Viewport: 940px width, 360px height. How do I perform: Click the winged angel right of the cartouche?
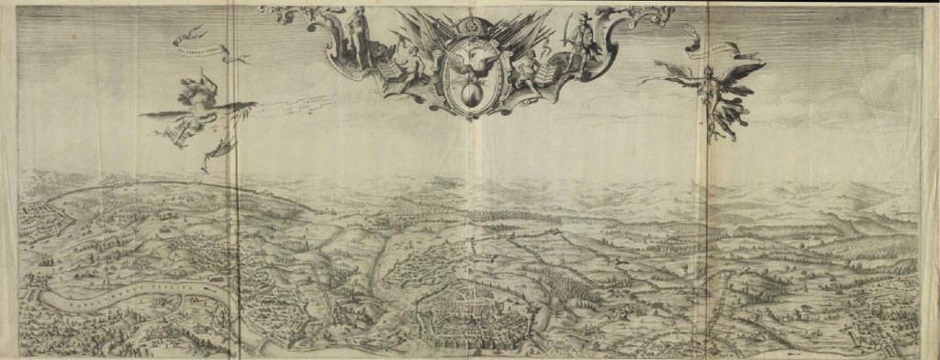click(711, 92)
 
